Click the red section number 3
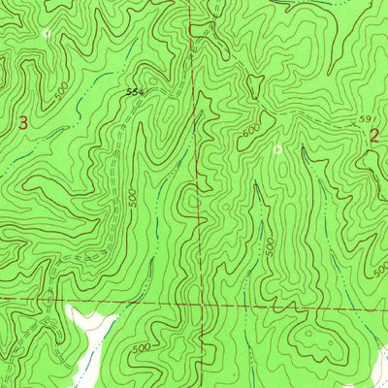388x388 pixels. click(x=23, y=123)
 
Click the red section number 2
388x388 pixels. click(x=374, y=138)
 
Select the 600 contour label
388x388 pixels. click(x=252, y=129)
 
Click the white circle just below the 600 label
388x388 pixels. click(x=278, y=149)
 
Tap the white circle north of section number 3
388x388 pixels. click(x=46, y=34)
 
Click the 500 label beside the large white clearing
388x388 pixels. click(x=141, y=346)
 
